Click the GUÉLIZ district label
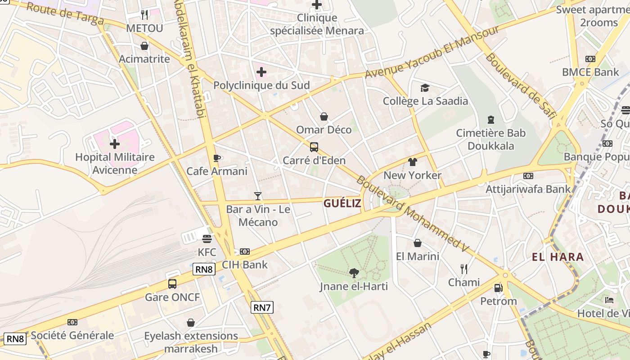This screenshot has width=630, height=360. point(342,203)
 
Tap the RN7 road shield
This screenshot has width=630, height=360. point(262,308)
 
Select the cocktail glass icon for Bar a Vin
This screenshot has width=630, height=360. point(257,196)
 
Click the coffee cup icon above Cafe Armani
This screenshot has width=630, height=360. point(217,158)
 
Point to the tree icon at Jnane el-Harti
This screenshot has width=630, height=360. point(354,273)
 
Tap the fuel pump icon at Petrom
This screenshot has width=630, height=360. point(498,288)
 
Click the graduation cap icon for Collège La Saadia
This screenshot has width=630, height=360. point(425,88)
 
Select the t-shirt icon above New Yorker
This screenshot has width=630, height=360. point(412,162)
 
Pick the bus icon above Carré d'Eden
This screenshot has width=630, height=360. point(314,147)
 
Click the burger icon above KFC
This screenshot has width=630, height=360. point(207,238)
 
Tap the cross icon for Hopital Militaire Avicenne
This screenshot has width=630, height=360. point(115,144)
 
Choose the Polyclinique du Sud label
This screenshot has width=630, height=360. point(261,85)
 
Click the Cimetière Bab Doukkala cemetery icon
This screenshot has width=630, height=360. point(490,120)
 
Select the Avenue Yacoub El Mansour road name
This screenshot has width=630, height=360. point(432,52)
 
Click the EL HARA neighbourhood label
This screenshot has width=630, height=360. point(558,257)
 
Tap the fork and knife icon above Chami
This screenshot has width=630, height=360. point(464,269)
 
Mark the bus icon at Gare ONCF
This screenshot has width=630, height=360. point(172,284)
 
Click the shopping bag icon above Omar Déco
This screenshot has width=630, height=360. point(324,117)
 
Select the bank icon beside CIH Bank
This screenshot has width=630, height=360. point(244,252)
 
